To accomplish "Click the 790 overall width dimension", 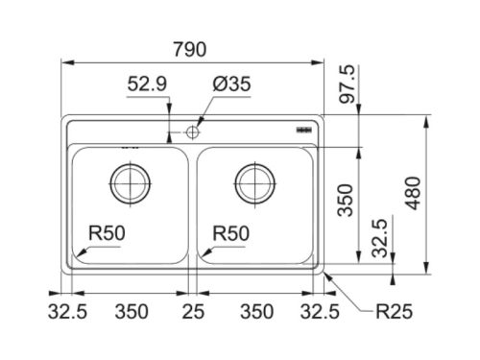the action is (190, 49).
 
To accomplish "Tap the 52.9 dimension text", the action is (147, 84).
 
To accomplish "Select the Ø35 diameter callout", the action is (232, 84).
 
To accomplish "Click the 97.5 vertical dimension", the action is (348, 84).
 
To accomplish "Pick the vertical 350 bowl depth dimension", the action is (346, 201).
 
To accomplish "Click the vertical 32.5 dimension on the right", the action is (380, 238).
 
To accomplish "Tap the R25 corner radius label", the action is (394, 311).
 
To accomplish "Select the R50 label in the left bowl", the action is (107, 233).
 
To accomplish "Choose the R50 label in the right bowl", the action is (231, 233).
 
